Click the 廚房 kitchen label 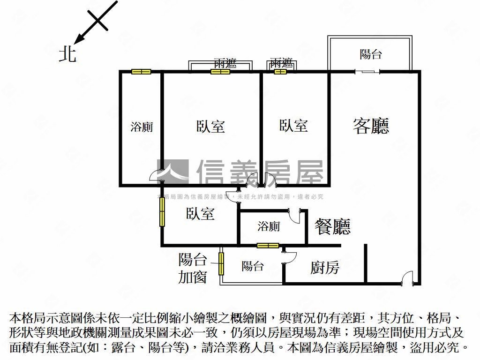tap(325, 268)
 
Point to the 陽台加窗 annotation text tap(192, 268)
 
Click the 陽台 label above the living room tap(370, 54)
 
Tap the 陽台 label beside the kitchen tap(252, 267)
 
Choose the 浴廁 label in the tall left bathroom tap(141, 127)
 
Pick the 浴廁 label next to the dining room tap(269, 226)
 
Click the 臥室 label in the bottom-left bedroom tap(200, 214)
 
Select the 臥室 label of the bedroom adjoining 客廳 tap(293, 125)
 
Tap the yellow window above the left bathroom tap(141, 72)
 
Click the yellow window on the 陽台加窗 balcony tap(221, 264)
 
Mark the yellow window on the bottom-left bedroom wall tap(162, 212)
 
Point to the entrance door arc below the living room tap(407, 277)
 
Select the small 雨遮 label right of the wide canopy tap(281, 63)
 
